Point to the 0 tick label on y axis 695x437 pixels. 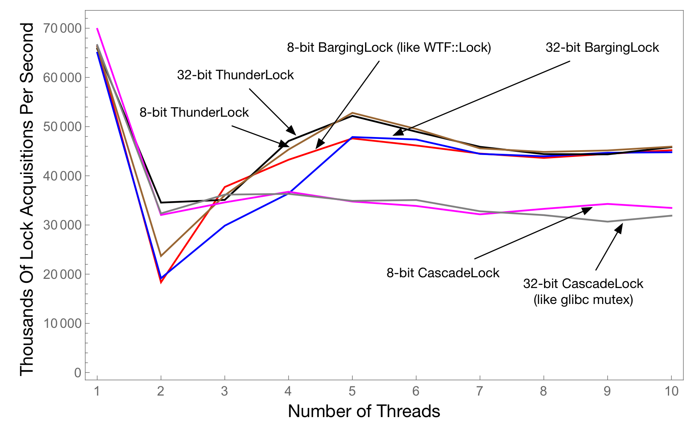(77, 373)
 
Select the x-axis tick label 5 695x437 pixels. (352, 391)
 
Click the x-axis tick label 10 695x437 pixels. (671, 391)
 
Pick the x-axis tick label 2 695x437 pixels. (161, 391)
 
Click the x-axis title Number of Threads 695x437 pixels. (364, 411)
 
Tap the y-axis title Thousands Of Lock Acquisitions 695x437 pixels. (27, 199)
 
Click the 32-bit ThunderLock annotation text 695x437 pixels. (235, 75)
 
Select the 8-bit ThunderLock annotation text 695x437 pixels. (194, 112)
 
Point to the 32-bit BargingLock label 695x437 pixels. (602, 47)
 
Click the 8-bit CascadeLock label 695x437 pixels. (443, 273)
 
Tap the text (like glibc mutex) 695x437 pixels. (583, 300)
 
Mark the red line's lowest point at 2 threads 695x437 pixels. (161, 283)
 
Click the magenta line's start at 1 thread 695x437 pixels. (97, 28)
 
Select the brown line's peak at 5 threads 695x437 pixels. (352, 113)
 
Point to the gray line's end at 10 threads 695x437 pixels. (672, 216)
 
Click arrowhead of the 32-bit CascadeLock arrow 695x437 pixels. (621, 226)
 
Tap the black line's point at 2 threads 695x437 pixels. (161, 202)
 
